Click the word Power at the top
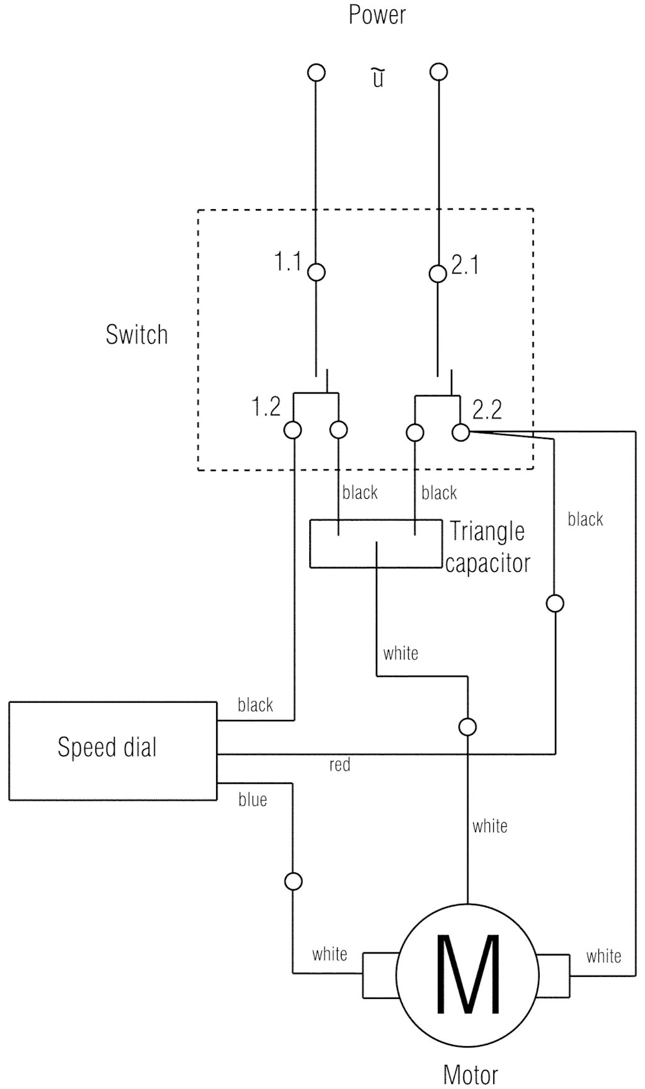[377, 14]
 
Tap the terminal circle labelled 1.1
[316, 272]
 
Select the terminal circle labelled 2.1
[438, 273]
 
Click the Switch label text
[137, 334]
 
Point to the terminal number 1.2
[266, 407]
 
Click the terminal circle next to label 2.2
[461, 432]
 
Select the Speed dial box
[113, 751]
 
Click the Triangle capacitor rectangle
[375, 544]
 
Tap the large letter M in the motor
[467, 974]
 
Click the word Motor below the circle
[471, 1075]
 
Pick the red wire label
[340, 765]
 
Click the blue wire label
[253, 800]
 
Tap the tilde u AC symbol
[377, 78]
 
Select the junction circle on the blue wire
[294, 881]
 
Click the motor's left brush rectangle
[380, 975]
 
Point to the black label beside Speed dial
[255, 705]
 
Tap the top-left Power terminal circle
[316, 72]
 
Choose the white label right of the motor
[603, 956]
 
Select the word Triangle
[487, 531]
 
